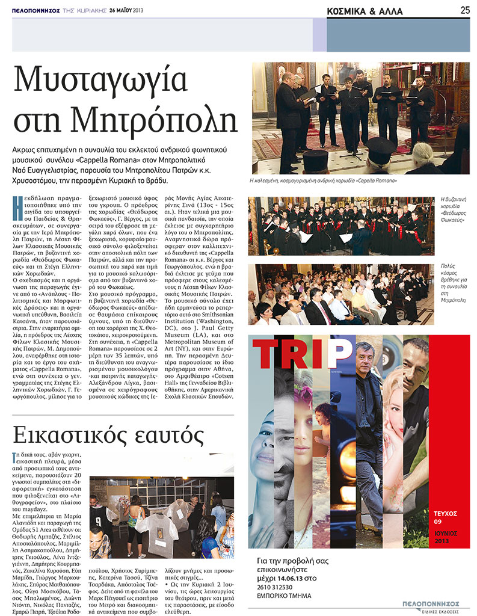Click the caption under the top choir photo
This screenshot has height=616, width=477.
pyautogui.click(x=325, y=180)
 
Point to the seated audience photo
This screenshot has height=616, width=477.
pyautogui.click(x=340, y=295)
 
